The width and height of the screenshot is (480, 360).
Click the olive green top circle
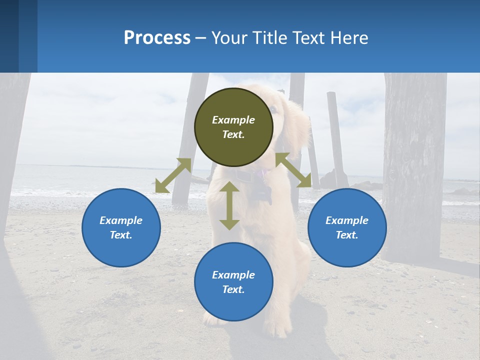(x=233, y=127)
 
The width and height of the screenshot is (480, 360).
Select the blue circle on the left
(x=121, y=227)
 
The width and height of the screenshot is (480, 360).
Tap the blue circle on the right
(x=347, y=227)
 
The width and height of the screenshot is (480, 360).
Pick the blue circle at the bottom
(x=233, y=282)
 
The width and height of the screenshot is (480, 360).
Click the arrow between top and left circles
(x=173, y=175)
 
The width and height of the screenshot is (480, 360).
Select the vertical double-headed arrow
(x=229, y=205)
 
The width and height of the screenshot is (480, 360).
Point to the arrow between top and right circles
(x=293, y=170)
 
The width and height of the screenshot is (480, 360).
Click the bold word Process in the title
(x=157, y=38)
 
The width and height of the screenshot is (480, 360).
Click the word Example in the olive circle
(x=233, y=120)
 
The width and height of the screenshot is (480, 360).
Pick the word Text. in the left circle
(x=121, y=235)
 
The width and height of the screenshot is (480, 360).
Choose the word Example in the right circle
(x=347, y=220)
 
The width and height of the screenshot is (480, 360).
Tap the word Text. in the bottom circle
(x=233, y=289)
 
